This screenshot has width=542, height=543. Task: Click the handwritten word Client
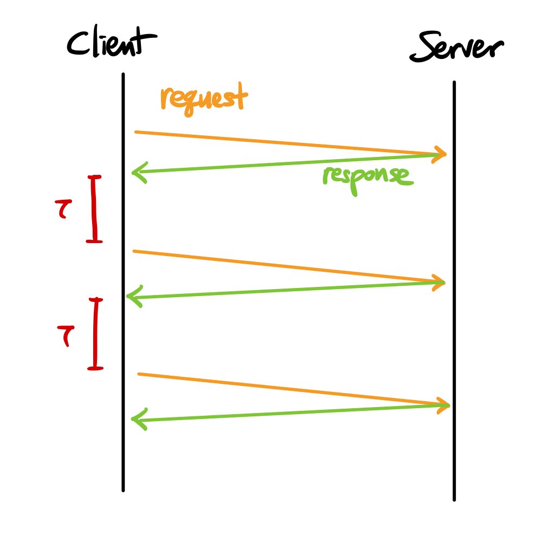pos(111,43)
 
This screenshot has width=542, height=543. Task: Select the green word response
pos(367,177)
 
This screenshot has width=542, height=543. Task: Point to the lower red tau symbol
pos(65,334)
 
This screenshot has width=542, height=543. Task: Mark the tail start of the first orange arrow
pos(136,132)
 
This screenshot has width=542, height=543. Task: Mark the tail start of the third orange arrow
pos(139,374)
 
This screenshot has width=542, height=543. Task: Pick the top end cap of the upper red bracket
pos(95,177)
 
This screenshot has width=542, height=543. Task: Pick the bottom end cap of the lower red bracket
pos(95,369)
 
